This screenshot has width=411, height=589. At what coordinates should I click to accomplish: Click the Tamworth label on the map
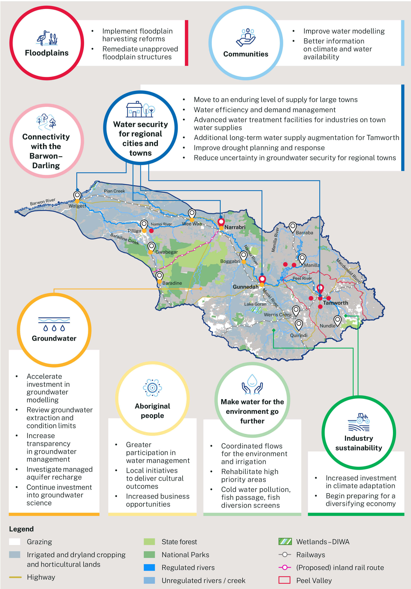click(335, 303)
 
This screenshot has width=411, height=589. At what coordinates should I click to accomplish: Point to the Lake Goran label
click(255, 304)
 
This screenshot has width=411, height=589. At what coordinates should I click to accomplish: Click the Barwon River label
click(43, 202)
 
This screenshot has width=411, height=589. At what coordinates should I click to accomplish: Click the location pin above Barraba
click(292, 227)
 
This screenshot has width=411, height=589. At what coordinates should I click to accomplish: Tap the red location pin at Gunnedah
click(262, 279)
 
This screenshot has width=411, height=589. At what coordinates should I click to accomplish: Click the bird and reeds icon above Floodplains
click(47, 38)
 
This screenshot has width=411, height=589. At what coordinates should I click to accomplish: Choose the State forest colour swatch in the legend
click(149, 542)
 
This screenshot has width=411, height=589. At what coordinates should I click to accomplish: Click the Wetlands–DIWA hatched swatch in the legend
click(285, 542)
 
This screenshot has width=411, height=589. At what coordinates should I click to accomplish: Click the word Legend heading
click(21, 529)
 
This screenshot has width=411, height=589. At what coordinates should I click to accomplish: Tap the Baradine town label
click(172, 283)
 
